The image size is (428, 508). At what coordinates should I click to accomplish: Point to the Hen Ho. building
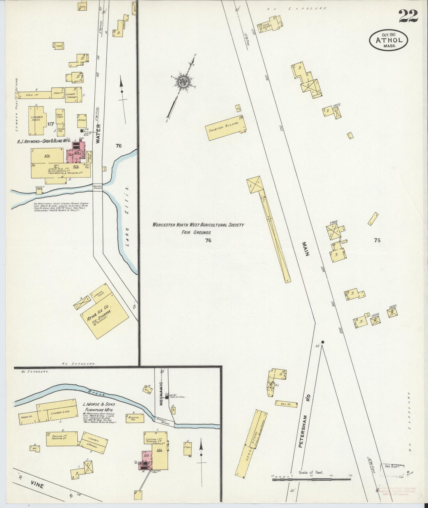(286, 404)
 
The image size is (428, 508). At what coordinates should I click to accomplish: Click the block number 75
(377, 240)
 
